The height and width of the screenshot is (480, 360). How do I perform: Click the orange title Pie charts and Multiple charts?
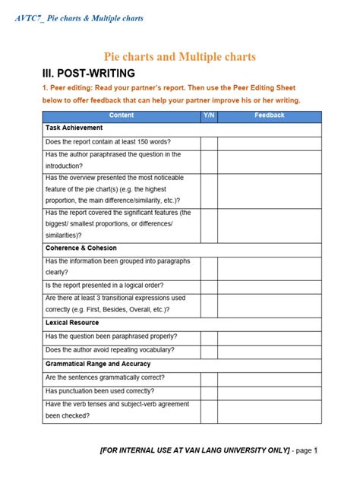click(x=179, y=57)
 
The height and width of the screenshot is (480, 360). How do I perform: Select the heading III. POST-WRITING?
click(x=88, y=74)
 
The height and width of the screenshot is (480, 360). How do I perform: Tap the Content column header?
click(x=122, y=115)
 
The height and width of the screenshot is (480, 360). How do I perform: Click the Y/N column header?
click(x=209, y=115)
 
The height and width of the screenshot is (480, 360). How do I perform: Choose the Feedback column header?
click(x=270, y=115)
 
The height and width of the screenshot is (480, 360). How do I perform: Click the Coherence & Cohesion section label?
click(x=82, y=248)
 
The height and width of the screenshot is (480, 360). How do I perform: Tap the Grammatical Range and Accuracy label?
click(x=98, y=364)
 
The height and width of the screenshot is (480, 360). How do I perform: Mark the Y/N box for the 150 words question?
click(x=209, y=142)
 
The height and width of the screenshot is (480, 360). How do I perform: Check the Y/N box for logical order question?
click(x=209, y=286)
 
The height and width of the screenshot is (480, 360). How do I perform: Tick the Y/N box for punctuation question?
click(x=209, y=391)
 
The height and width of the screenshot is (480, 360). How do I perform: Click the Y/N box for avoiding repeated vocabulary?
click(x=209, y=350)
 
